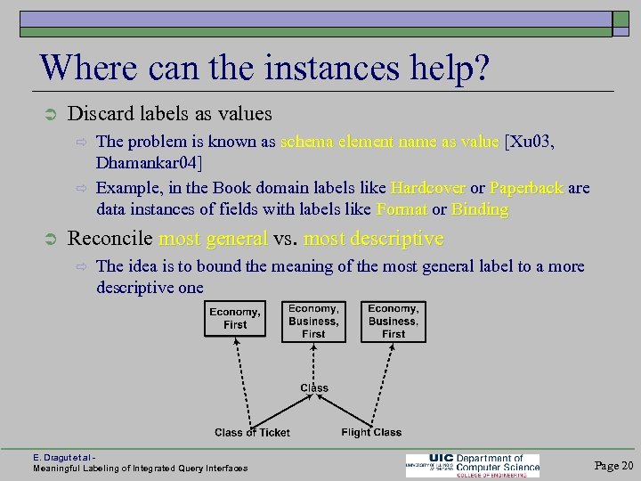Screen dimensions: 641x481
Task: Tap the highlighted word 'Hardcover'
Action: point(426,189)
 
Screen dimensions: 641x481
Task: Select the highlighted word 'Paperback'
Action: point(526,189)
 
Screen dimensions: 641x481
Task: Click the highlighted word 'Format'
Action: point(402,210)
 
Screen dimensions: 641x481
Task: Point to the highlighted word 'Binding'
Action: point(480,210)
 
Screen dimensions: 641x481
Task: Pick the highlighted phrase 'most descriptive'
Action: point(373,239)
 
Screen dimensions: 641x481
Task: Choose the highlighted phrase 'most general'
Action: point(213,239)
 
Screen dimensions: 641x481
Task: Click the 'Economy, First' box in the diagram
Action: point(235,319)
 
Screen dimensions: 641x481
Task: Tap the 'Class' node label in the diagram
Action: point(314,387)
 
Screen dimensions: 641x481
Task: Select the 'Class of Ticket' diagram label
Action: point(252,433)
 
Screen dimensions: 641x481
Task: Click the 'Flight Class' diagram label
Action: point(371,433)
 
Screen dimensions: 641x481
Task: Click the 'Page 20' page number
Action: point(613,465)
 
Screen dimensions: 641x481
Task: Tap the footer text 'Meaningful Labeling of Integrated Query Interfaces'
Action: point(141,468)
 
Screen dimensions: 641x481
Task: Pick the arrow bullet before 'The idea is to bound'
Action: point(78,266)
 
